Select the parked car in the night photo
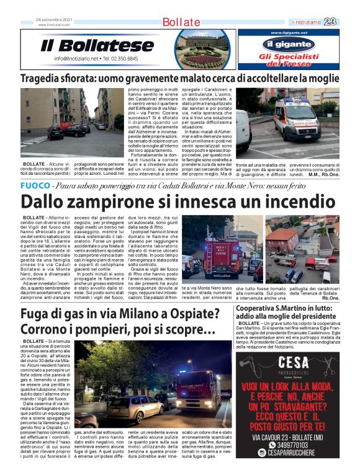click(127, 406)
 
